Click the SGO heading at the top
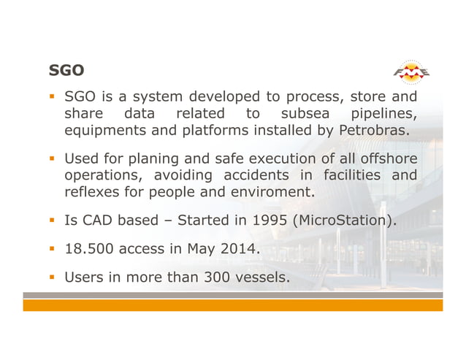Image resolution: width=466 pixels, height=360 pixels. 66,71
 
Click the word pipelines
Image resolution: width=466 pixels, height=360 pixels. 384,114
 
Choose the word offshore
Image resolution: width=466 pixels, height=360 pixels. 387,158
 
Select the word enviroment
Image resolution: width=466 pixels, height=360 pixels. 272,193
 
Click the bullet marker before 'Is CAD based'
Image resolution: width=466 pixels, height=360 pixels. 53,220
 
